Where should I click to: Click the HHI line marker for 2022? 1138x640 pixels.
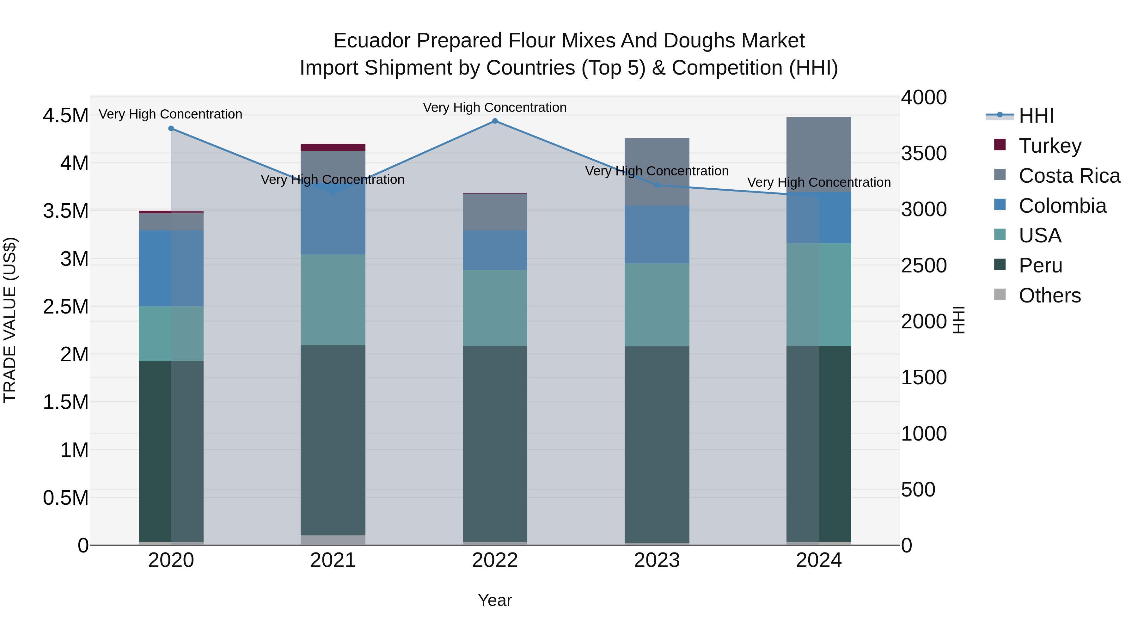point(495,121)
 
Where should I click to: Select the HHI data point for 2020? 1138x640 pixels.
point(171,129)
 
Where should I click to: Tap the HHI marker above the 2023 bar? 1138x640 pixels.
point(657,185)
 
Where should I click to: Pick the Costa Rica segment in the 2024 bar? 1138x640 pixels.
point(819,155)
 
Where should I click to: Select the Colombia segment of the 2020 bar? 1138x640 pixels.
point(171,268)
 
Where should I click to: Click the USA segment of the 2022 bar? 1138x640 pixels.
point(495,308)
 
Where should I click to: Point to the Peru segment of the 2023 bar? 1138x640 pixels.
point(657,444)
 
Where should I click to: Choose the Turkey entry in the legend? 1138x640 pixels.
point(1049,146)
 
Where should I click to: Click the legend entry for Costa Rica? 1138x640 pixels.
point(1069,176)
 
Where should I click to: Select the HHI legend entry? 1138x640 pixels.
point(1036,116)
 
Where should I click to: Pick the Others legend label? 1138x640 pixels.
point(1049,296)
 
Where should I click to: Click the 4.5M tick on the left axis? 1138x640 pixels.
point(65,116)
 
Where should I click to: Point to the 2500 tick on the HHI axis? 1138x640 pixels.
point(924,265)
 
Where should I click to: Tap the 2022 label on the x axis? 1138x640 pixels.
point(495,560)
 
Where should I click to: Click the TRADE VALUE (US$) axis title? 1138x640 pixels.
point(10,320)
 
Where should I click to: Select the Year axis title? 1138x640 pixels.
point(495,600)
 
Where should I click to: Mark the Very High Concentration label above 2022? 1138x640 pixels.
point(495,107)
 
